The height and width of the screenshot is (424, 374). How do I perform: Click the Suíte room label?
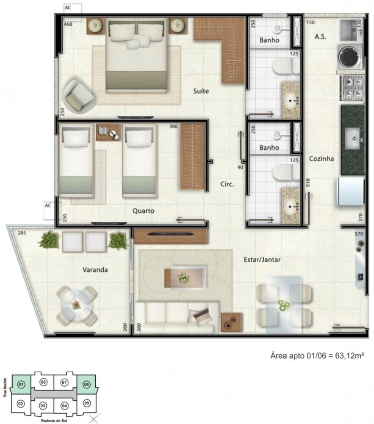(201, 91)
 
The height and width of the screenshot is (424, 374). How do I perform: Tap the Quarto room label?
(143, 211)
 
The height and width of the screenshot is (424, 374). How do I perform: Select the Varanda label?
(95, 269)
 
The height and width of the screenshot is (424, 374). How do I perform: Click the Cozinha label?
(321, 159)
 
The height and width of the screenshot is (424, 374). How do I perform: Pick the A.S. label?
(320, 37)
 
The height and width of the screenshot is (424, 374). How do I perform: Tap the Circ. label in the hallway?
(227, 184)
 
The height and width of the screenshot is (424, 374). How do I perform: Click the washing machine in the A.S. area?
(351, 56)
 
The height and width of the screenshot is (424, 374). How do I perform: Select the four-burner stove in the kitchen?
(353, 87)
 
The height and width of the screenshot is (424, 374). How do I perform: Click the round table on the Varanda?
(77, 305)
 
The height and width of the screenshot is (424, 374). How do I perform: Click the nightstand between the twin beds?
(108, 133)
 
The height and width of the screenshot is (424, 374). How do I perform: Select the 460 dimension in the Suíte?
(68, 25)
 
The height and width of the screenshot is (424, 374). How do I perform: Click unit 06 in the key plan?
(86, 385)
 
